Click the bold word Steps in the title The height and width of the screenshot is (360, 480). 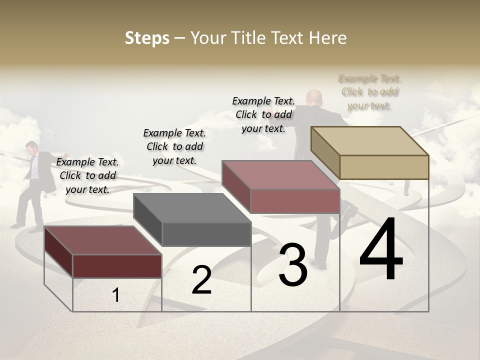(x=147, y=38)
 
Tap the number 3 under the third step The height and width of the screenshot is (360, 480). (x=293, y=265)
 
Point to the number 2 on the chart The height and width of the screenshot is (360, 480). (x=201, y=280)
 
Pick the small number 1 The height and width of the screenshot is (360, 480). (x=115, y=295)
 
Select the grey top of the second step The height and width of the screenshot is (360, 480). (x=192, y=207)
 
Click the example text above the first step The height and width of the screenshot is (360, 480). (x=87, y=175)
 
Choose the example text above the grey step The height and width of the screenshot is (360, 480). (x=174, y=146)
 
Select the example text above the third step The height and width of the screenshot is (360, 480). (x=263, y=114)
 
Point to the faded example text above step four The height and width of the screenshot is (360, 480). (x=369, y=92)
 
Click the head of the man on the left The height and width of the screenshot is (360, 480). (x=32, y=146)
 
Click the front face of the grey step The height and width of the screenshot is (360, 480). (x=206, y=234)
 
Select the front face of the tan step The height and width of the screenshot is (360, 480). (x=384, y=167)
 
